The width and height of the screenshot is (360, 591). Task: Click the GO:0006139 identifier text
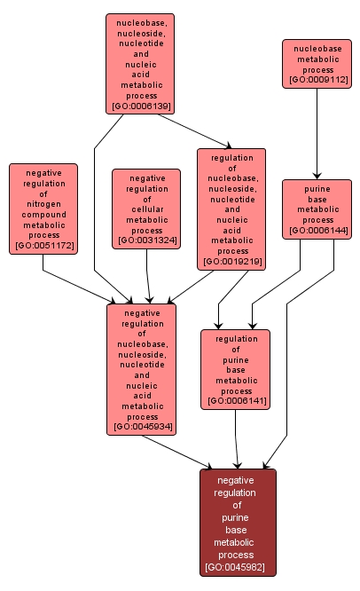pyautogui.click(x=141, y=106)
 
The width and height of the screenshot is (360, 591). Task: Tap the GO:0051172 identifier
pyautogui.click(x=43, y=246)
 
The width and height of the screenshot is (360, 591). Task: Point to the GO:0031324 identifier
pyautogui.click(x=146, y=241)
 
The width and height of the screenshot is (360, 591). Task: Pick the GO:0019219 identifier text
pyautogui.click(x=231, y=262)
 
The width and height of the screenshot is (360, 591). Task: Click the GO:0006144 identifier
pyautogui.click(x=317, y=231)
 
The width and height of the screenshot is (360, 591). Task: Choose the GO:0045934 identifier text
pyautogui.click(x=141, y=428)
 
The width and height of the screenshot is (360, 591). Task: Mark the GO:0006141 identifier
pyautogui.click(x=236, y=401)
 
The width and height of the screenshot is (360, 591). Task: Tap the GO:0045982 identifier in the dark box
pyautogui.click(x=238, y=566)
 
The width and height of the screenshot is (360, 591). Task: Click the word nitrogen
pyautogui.click(x=43, y=203)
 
